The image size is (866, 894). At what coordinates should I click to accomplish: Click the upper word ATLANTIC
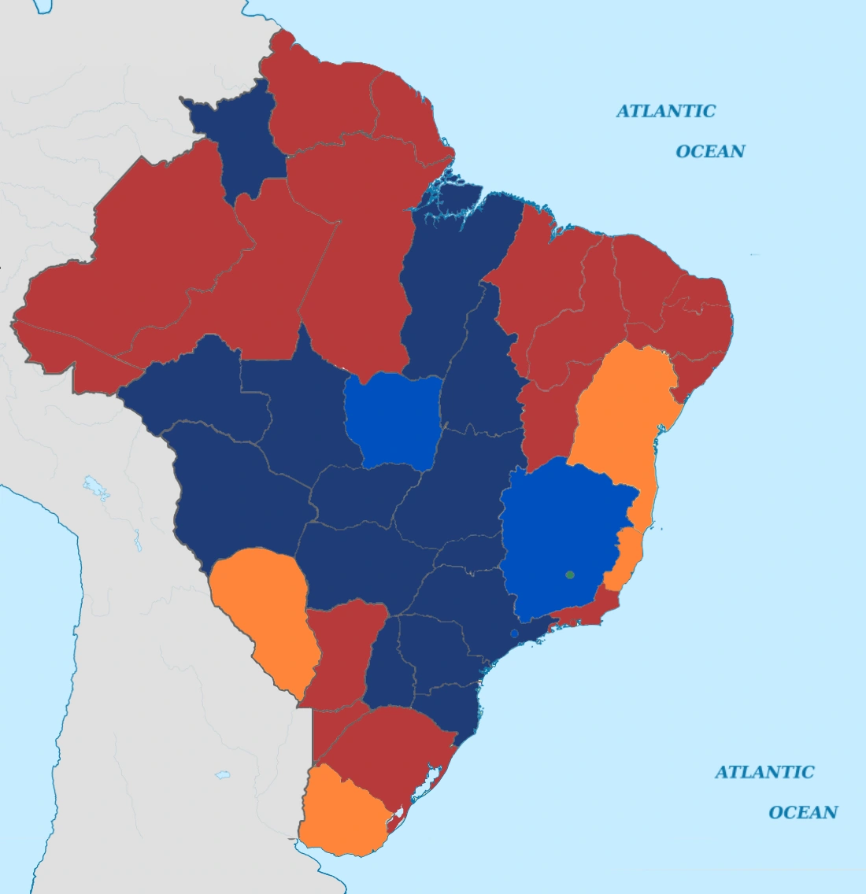(665, 111)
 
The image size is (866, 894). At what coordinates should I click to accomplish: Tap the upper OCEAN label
(710, 151)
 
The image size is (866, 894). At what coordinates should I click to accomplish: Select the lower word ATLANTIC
(764, 772)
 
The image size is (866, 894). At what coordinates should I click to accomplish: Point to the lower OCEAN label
(803, 812)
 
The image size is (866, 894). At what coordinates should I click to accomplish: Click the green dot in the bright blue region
(570, 574)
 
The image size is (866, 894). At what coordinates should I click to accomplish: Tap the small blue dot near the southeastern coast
(514, 633)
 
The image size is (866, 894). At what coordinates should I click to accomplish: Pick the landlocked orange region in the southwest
(264, 614)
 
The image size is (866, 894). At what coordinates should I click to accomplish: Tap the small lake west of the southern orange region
(223, 775)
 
